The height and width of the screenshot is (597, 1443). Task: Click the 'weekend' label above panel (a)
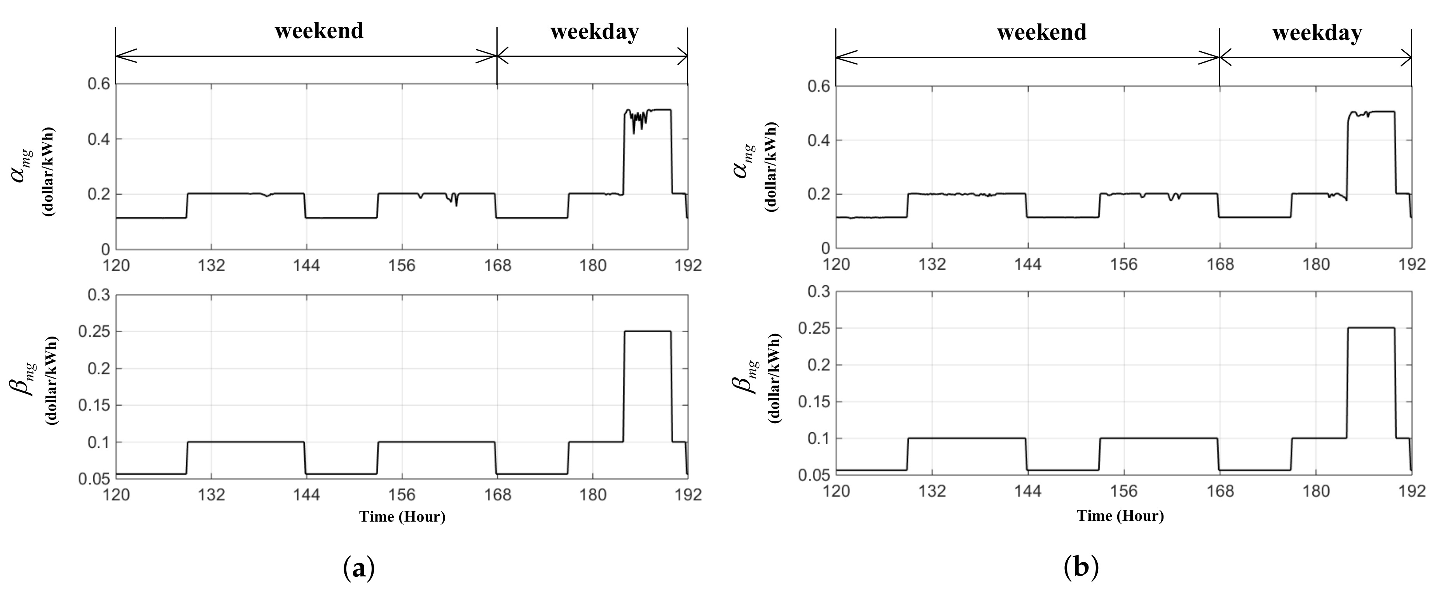click(x=319, y=31)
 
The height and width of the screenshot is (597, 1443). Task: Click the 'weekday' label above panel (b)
click(x=1317, y=33)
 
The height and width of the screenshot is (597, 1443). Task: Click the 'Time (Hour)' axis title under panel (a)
click(x=402, y=517)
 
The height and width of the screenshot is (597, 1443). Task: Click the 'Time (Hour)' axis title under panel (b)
click(x=1120, y=515)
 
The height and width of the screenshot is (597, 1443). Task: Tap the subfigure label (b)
click(x=1081, y=568)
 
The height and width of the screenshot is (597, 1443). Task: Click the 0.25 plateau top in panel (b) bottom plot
click(x=1370, y=328)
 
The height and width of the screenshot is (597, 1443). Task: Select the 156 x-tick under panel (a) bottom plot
click(x=402, y=495)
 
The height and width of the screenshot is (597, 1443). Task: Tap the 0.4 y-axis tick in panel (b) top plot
click(x=818, y=140)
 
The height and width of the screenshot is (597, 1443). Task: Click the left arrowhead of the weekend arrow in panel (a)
click(x=124, y=56)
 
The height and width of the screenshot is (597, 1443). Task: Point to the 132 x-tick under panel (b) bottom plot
click(x=932, y=491)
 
